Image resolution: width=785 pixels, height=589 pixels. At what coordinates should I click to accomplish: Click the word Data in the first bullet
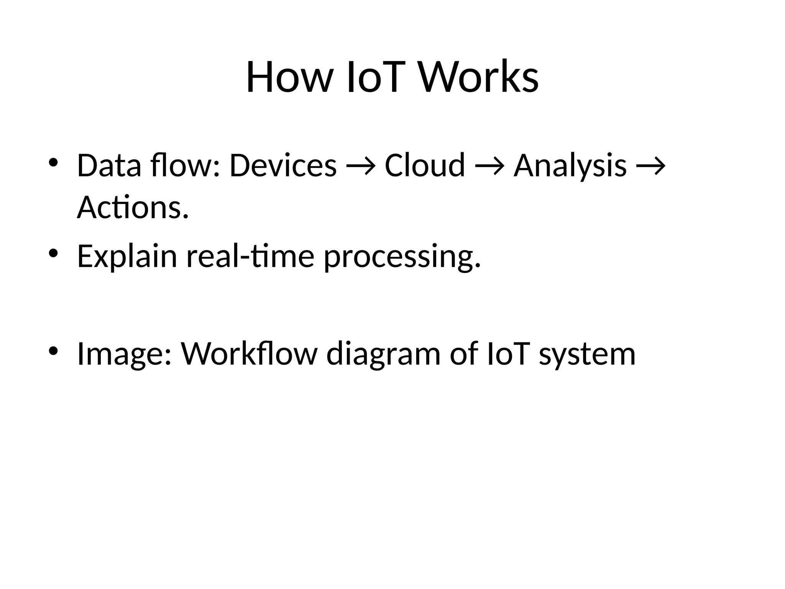109,165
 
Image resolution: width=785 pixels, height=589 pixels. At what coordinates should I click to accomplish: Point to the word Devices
283,165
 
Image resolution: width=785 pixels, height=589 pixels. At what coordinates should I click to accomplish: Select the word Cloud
425,165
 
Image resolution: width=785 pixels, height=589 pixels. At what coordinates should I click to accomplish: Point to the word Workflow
249,353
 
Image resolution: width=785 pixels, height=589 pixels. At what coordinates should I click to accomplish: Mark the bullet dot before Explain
53,253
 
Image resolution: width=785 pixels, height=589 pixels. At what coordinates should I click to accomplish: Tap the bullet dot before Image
53,350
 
